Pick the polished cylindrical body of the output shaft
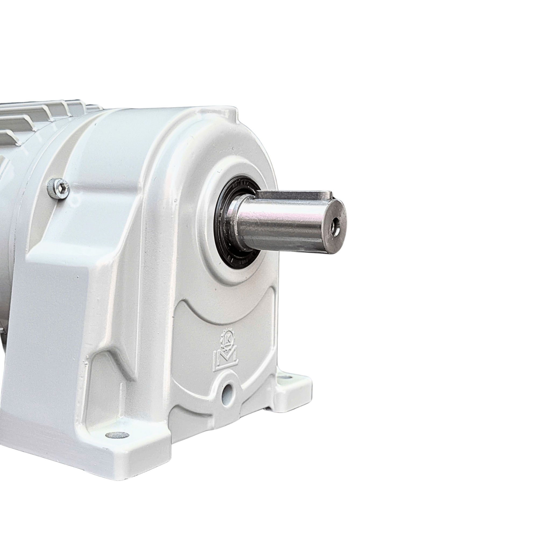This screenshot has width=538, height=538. (x=281, y=223)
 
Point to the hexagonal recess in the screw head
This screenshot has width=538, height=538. (x=65, y=185)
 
